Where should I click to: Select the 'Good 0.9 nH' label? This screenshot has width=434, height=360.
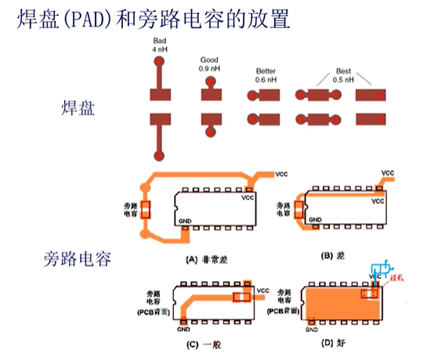coord(209,63)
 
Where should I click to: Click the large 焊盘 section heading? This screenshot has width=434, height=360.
coord(78,108)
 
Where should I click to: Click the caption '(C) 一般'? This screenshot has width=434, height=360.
coord(201,344)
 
